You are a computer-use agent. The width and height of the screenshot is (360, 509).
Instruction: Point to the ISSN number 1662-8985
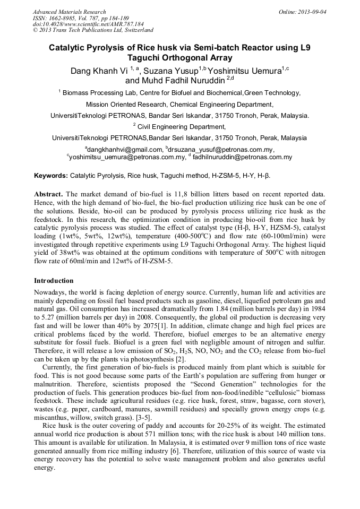click(x=65, y=18)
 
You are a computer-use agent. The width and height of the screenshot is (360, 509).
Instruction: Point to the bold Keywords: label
click(x=51, y=175)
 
